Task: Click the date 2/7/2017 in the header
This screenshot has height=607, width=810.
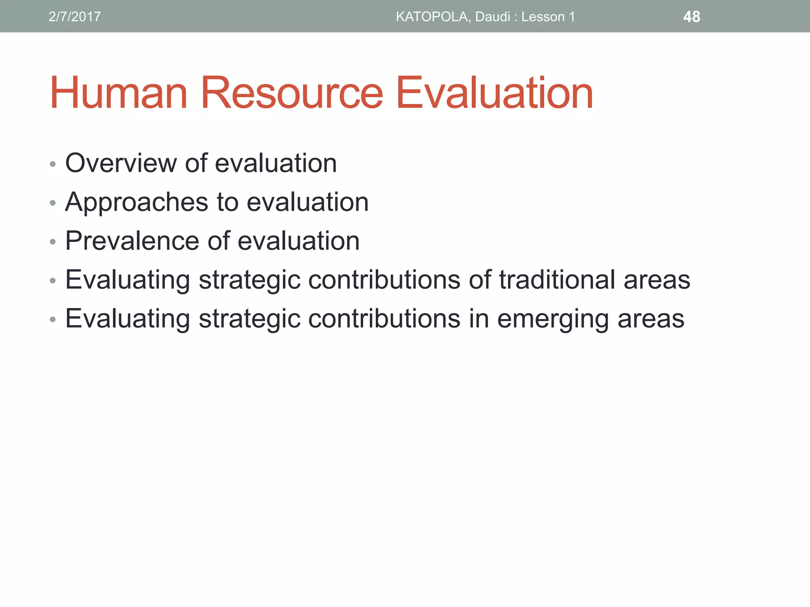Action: point(74,17)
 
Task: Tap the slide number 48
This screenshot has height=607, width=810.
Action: point(691,17)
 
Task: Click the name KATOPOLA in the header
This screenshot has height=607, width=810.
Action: point(432,17)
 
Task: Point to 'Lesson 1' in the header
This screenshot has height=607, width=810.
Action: point(548,17)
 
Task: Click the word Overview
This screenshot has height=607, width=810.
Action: point(121,163)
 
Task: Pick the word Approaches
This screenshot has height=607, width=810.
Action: point(136,202)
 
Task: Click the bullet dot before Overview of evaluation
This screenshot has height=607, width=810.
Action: point(53,164)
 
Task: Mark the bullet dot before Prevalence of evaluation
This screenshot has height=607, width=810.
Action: point(53,242)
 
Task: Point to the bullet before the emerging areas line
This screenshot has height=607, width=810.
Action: point(53,319)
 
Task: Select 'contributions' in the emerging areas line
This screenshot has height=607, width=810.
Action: point(384,319)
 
